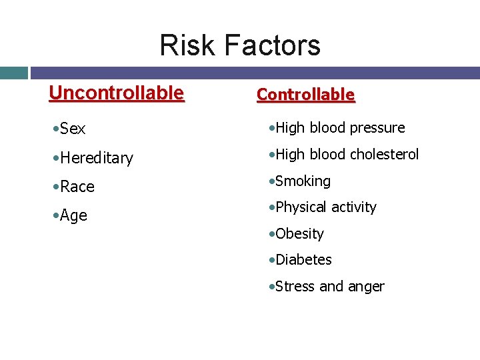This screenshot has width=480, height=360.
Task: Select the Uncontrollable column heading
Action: [x=116, y=93]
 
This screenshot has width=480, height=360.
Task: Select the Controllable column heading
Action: [x=306, y=95]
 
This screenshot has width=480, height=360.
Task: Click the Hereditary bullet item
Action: [x=96, y=159]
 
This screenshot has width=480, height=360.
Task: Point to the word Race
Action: [x=77, y=187]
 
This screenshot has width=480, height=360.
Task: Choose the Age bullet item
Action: [x=73, y=215]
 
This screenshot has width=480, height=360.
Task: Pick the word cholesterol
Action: [x=384, y=155]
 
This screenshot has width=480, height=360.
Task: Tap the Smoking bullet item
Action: [x=302, y=181]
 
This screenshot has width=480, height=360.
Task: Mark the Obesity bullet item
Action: [x=299, y=234]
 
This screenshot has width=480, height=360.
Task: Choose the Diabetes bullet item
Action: [x=303, y=260]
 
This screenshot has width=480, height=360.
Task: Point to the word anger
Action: [x=366, y=287]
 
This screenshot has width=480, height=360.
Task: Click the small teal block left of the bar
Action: [x=13, y=73]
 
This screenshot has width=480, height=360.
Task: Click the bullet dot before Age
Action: [x=55, y=216]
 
